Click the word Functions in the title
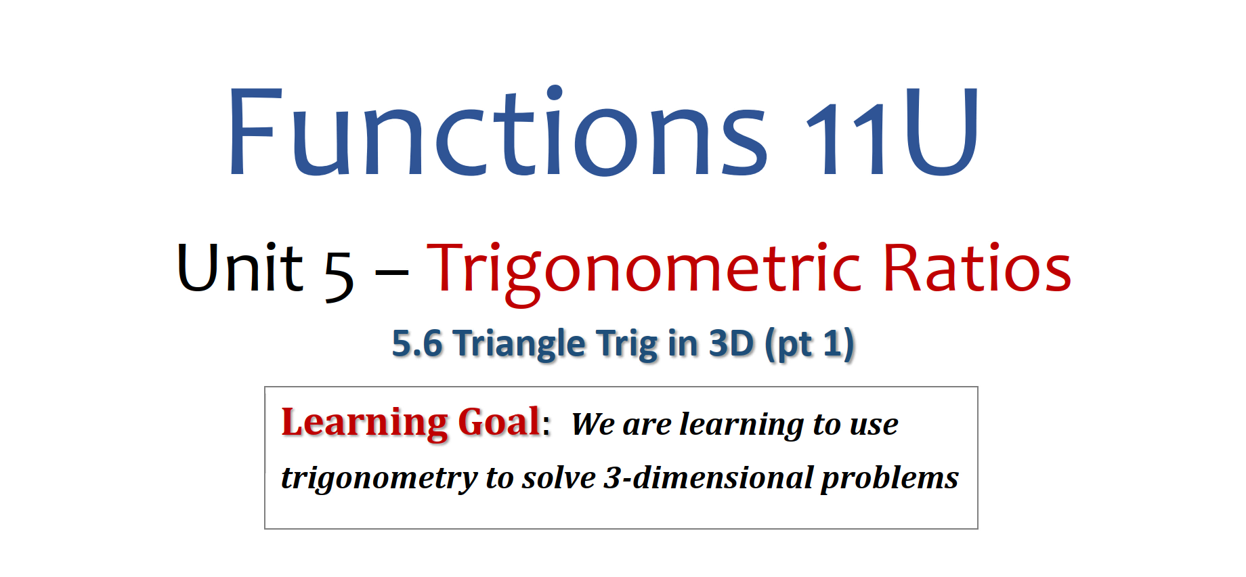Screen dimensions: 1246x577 pyautogui.click(x=498, y=131)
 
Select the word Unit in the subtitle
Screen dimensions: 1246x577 pyautogui.click(x=240, y=267)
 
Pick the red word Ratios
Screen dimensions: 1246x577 pyautogui.click(x=976, y=268)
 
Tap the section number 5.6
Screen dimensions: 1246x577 pyautogui.click(x=417, y=343)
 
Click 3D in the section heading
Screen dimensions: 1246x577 pyautogui.click(x=731, y=343)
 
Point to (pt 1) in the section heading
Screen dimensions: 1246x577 pyautogui.click(x=809, y=345)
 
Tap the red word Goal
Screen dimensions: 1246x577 pyautogui.click(x=499, y=422)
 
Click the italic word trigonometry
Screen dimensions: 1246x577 pyautogui.click(x=379, y=479)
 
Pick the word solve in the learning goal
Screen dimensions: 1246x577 pyautogui.click(x=559, y=477)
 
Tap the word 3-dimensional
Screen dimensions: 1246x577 pyautogui.click(x=709, y=477)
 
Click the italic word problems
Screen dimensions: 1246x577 pyautogui.click(x=890, y=479)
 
